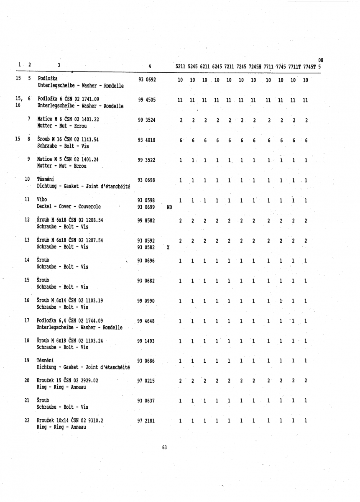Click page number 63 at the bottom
(x=164, y=448)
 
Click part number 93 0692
(x=146, y=79)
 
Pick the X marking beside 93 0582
(x=168, y=247)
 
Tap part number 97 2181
(x=146, y=420)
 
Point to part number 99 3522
(x=146, y=160)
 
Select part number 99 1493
(x=146, y=341)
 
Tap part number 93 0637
(x=146, y=400)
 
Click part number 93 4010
(x=146, y=140)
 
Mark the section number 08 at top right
(x=321, y=60)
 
